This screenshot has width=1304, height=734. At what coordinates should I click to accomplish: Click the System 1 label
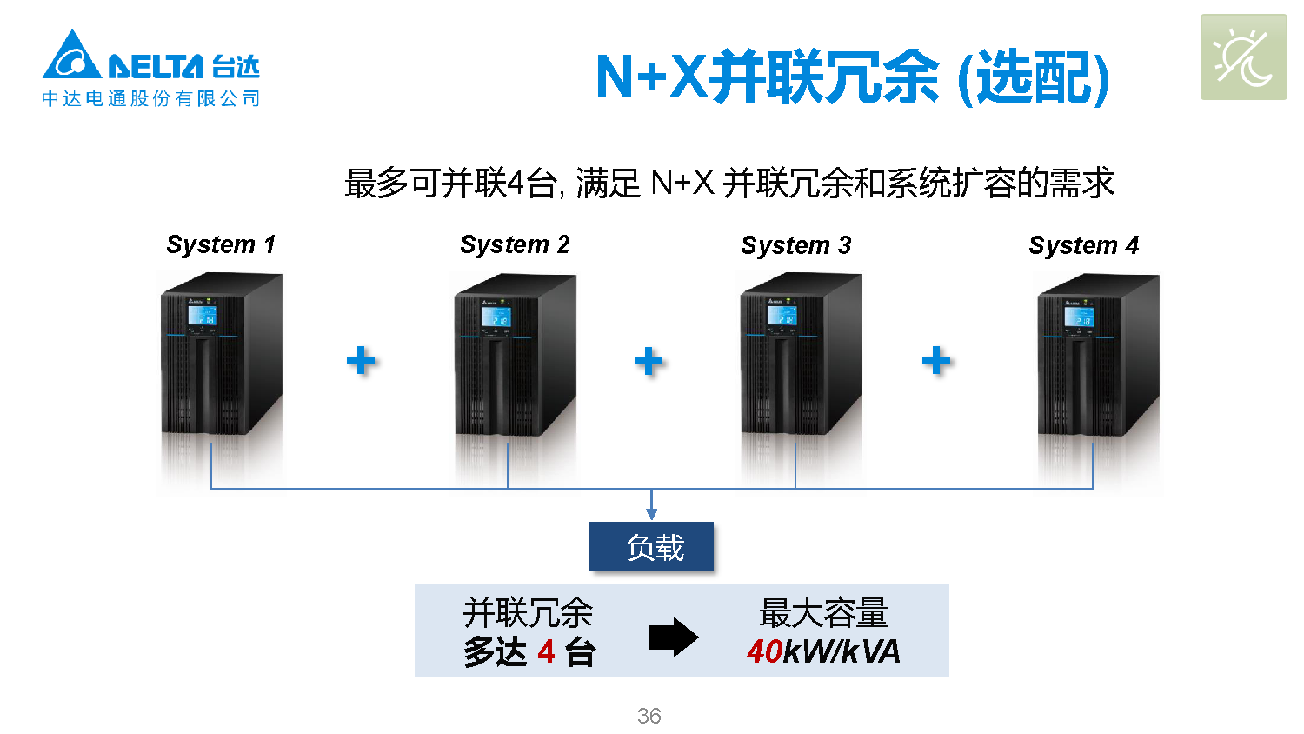pyautogui.click(x=221, y=244)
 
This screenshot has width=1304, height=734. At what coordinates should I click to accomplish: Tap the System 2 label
pyautogui.click(x=515, y=244)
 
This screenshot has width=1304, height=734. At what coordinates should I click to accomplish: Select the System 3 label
pyautogui.click(x=795, y=245)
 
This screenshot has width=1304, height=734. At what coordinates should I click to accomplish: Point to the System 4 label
pyautogui.click(x=1083, y=245)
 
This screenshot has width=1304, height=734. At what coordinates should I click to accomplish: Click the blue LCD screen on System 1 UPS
pyautogui.click(x=203, y=317)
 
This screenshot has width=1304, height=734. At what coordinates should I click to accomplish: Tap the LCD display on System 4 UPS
pyautogui.click(x=1080, y=317)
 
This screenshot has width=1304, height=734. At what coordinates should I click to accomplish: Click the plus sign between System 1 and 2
pyautogui.click(x=361, y=360)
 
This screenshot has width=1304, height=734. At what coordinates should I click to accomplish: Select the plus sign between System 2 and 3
pyautogui.click(x=649, y=361)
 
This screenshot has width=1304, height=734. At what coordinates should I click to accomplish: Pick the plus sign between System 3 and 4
pyautogui.click(x=936, y=360)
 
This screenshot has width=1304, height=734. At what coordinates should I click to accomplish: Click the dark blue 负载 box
pyautogui.click(x=651, y=547)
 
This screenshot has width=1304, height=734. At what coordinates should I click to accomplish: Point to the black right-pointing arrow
pyautogui.click(x=674, y=637)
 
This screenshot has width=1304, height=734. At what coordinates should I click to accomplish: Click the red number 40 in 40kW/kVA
pyautogui.click(x=765, y=651)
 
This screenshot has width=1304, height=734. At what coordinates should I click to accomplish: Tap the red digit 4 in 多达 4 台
pyautogui.click(x=546, y=651)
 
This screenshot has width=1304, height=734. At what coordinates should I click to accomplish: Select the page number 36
pyautogui.click(x=649, y=716)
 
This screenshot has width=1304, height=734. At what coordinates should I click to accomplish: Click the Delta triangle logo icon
pyautogui.click(x=71, y=57)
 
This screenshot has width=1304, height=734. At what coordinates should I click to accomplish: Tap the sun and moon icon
pyautogui.click(x=1243, y=57)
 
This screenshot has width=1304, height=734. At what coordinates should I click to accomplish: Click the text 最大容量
pyautogui.click(x=823, y=613)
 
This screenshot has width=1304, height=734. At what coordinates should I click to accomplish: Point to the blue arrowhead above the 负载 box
pyautogui.click(x=651, y=514)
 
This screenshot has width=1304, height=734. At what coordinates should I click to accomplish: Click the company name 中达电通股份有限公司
pyautogui.click(x=151, y=98)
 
